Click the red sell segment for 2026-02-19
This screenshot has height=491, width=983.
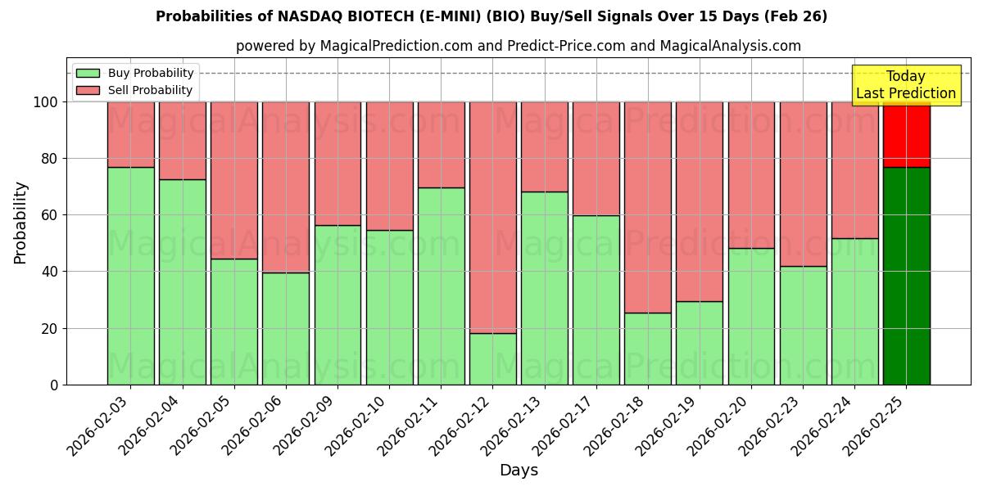[x=700, y=201]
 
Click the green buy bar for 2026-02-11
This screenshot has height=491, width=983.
[x=441, y=286]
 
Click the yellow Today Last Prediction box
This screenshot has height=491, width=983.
[x=906, y=85]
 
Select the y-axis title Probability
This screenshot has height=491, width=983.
[x=20, y=222]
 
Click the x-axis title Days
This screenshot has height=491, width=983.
[x=519, y=471]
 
